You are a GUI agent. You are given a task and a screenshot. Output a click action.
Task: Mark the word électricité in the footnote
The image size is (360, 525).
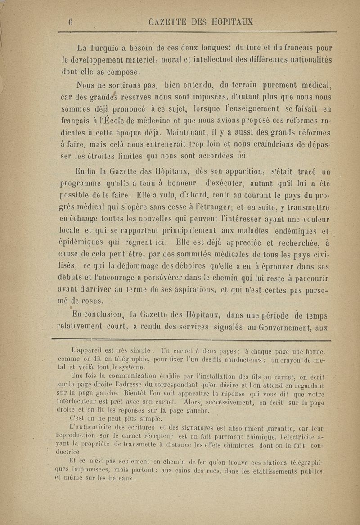click(x=291, y=436)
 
